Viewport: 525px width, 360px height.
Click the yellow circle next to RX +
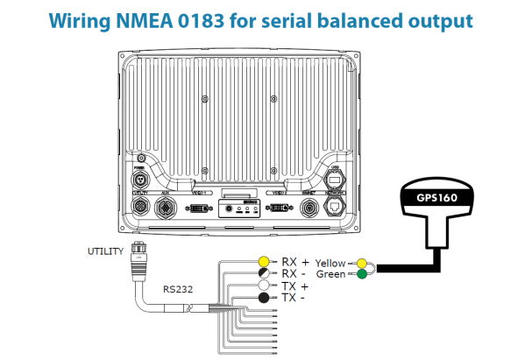coord(262,261)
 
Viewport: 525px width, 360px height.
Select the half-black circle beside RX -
coord(262,273)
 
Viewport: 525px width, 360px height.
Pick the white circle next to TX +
coord(262,286)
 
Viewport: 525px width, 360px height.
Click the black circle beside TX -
coord(262,299)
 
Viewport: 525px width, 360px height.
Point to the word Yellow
coord(330,262)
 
